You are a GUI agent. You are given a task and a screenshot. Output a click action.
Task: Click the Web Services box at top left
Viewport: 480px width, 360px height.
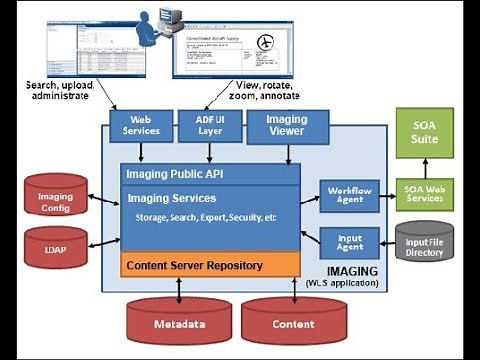click(141, 125)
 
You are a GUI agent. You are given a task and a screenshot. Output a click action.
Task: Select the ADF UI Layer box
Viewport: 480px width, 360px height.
click(210, 125)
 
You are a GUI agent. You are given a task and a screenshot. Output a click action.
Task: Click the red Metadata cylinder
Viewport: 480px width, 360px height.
click(180, 323)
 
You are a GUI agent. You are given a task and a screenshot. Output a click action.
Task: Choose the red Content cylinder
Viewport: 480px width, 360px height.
click(293, 323)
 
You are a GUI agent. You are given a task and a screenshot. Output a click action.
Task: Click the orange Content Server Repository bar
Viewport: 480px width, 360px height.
click(210, 265)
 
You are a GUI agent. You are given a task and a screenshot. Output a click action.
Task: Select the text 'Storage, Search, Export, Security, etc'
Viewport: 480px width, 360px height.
click(206, 217)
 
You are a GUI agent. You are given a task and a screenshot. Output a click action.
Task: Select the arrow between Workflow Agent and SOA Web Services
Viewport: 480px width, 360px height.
click(381, 195)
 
